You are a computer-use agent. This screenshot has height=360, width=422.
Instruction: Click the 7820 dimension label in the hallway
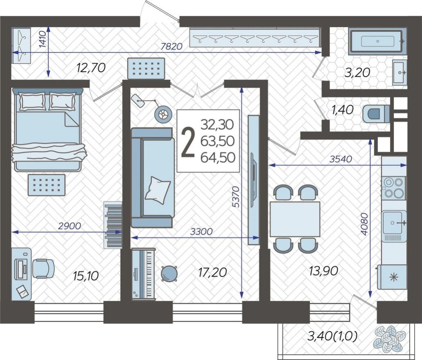point(171,47)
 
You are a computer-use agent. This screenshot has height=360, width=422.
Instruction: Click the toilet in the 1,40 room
point(376,113)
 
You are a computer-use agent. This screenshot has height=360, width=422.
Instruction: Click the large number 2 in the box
point(188,142)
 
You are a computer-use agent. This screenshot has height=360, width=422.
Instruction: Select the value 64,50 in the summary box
point(218,157)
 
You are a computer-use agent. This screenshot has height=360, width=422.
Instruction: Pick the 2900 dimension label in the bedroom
point(70,225)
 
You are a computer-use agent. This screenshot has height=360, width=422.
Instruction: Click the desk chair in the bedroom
point(43,268)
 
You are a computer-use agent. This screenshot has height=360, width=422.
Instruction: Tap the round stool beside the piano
point(169,273)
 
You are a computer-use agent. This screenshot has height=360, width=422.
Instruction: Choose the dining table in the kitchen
point(294,218)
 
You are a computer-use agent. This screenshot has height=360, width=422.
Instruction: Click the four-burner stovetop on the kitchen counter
point(394,187)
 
